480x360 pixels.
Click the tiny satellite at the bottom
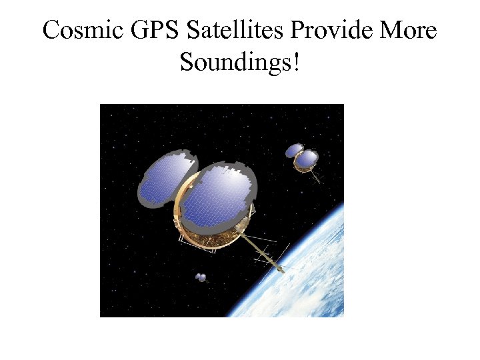click(201, 277)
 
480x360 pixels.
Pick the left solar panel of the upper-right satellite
click(294, 151)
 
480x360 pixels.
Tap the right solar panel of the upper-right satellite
click(307, 159)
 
